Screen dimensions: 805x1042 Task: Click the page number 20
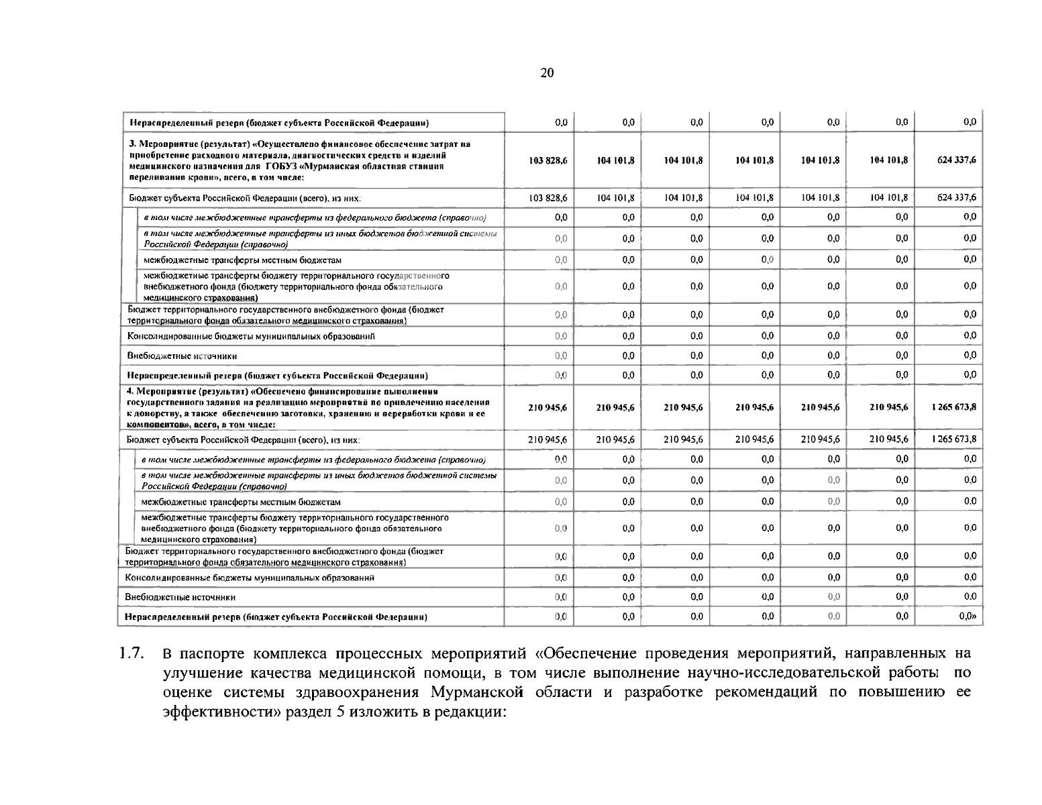coord(547,73)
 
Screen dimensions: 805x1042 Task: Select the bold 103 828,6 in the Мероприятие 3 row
coord(548,160)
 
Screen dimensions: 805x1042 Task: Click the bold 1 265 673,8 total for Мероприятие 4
coord(953,407)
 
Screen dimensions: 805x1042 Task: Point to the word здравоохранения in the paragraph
coord(360,693)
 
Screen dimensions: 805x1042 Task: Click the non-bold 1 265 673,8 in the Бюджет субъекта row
coord(953,439)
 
